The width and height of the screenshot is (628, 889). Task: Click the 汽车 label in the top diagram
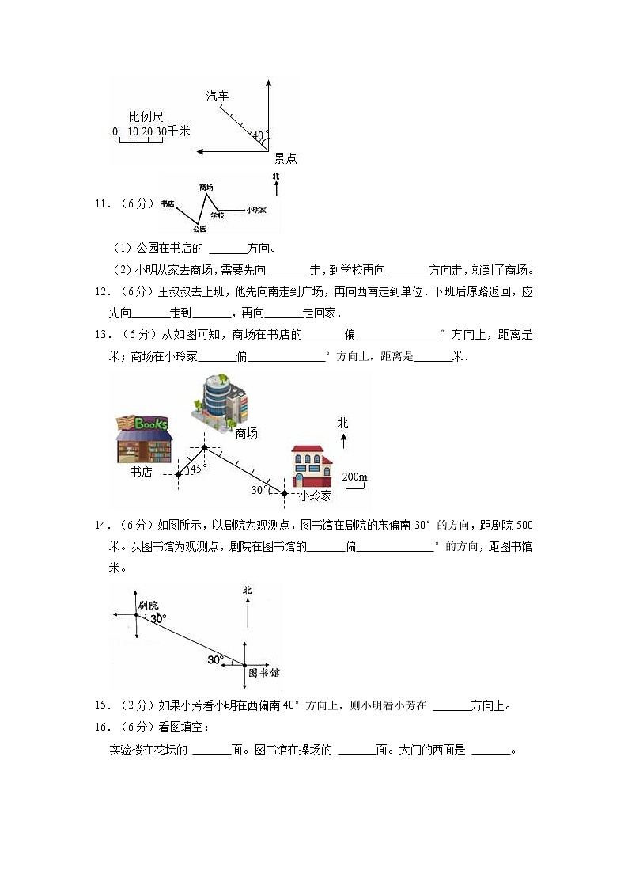[218, 96]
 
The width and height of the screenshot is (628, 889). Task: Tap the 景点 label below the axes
[286, 158]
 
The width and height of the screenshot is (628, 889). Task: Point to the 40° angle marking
[259, 135]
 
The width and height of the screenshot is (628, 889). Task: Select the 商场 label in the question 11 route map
[206, 188]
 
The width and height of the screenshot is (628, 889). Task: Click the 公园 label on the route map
[199, 229]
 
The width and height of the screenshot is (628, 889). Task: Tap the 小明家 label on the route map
[255, 210]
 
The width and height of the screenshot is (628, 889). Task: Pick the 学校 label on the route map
[218, 215]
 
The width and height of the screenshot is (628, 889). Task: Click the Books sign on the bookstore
[150, 424]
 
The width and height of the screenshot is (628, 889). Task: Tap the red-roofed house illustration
[312, 466]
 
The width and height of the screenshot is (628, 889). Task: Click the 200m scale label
[354, 477]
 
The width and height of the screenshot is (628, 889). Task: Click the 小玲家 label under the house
[315, 496]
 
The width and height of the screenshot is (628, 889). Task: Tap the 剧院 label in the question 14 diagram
[148, 605]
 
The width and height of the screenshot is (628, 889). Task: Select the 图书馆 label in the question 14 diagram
[264, 673]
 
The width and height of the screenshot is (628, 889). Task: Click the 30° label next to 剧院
[158, 618]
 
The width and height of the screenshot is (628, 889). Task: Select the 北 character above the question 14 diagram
[248, 590]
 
